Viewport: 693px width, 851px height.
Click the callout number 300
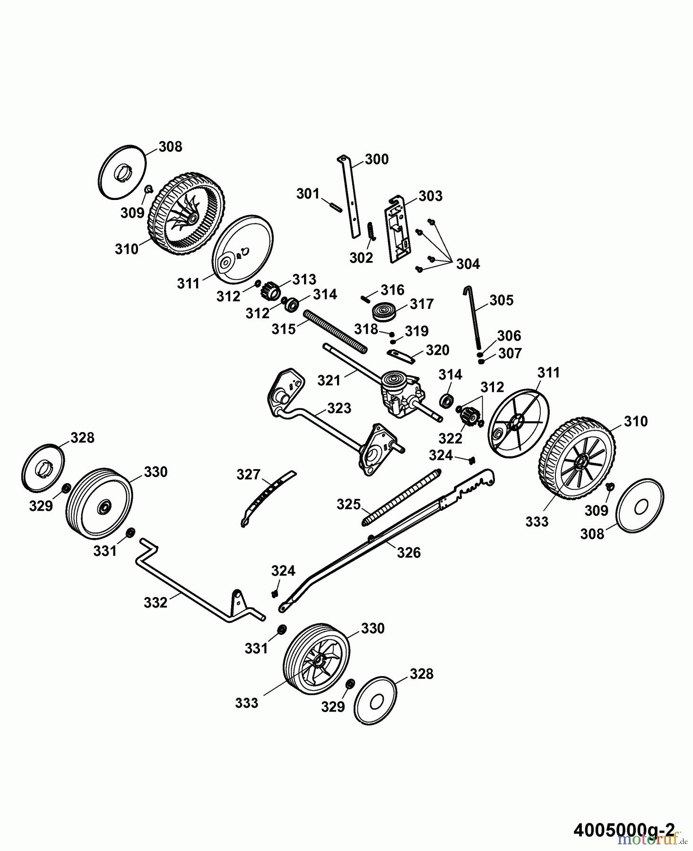pos(377,159)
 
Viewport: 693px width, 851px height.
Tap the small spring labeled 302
pos(371,231)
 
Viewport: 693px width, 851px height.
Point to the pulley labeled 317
pos(382,312)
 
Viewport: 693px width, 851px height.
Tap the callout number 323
pos(338,408)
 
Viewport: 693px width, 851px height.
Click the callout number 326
pos(408,552)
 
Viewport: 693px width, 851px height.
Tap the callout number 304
pos(468,264)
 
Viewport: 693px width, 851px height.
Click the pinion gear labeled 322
pos(468,416)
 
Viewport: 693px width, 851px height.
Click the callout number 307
pos(510,354)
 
